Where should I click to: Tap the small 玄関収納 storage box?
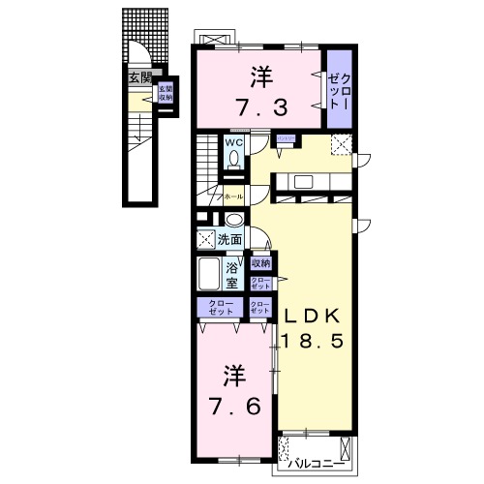[x=166, y=94]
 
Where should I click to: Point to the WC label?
[x=234, y=142]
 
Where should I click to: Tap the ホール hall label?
[x=233, y=197]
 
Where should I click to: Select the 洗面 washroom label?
[x=229, y=239]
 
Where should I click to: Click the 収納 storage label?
[x=260, y=263]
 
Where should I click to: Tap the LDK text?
[x=312, y=314]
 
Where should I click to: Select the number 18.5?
[x=312, y=341]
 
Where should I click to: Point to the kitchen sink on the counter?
[x=300, y=182]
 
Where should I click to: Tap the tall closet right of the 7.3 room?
[x=338, y=89]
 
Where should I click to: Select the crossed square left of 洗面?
[x=205, y=239]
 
